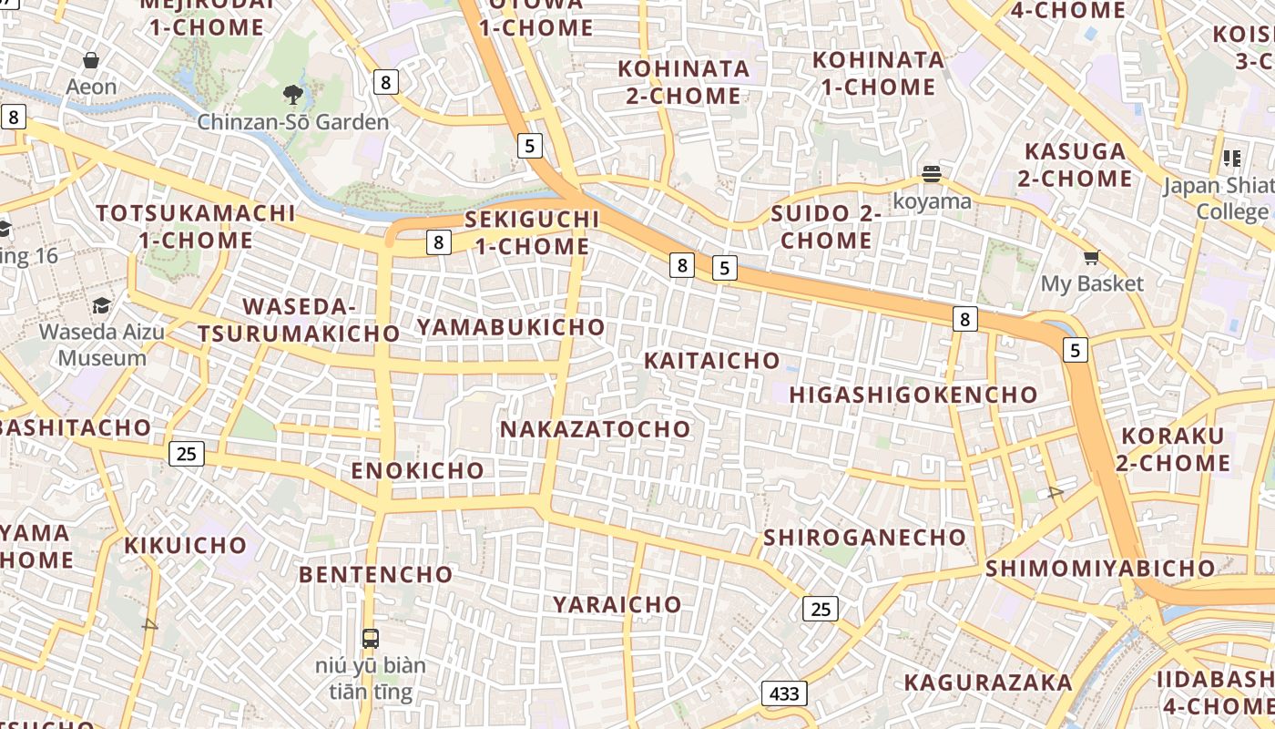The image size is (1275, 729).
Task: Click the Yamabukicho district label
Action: (x=511, y=326)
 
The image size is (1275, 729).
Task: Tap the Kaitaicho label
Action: (x=712, y=360)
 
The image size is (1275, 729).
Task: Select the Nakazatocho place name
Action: (x=596, y=428)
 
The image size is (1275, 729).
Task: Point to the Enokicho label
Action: (x=418, y=470)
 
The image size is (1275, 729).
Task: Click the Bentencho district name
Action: (x=375, y=574)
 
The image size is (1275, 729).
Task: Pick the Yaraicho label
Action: (x=617, y=604)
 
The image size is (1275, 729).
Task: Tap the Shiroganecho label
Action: (x=864, y=537)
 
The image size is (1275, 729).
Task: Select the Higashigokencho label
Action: (x=913, y=395)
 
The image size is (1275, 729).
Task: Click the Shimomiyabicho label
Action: (x=1100, y=568)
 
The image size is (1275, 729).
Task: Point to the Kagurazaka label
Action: (x=988, y=682)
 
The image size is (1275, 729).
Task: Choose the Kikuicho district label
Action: (x=186, y=545)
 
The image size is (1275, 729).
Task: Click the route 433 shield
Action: (x=784, y=693)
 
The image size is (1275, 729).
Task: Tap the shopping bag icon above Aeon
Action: (x=91, y=61)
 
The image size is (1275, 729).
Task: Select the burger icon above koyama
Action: (x=931, y=173)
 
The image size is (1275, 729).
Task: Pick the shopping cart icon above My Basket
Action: (x=1091, y=257)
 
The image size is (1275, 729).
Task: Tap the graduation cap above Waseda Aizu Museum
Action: (x=102, y=305)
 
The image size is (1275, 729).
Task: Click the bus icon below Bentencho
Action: (x=371, y=638)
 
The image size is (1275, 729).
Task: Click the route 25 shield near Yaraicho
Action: (x=821, y=609)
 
